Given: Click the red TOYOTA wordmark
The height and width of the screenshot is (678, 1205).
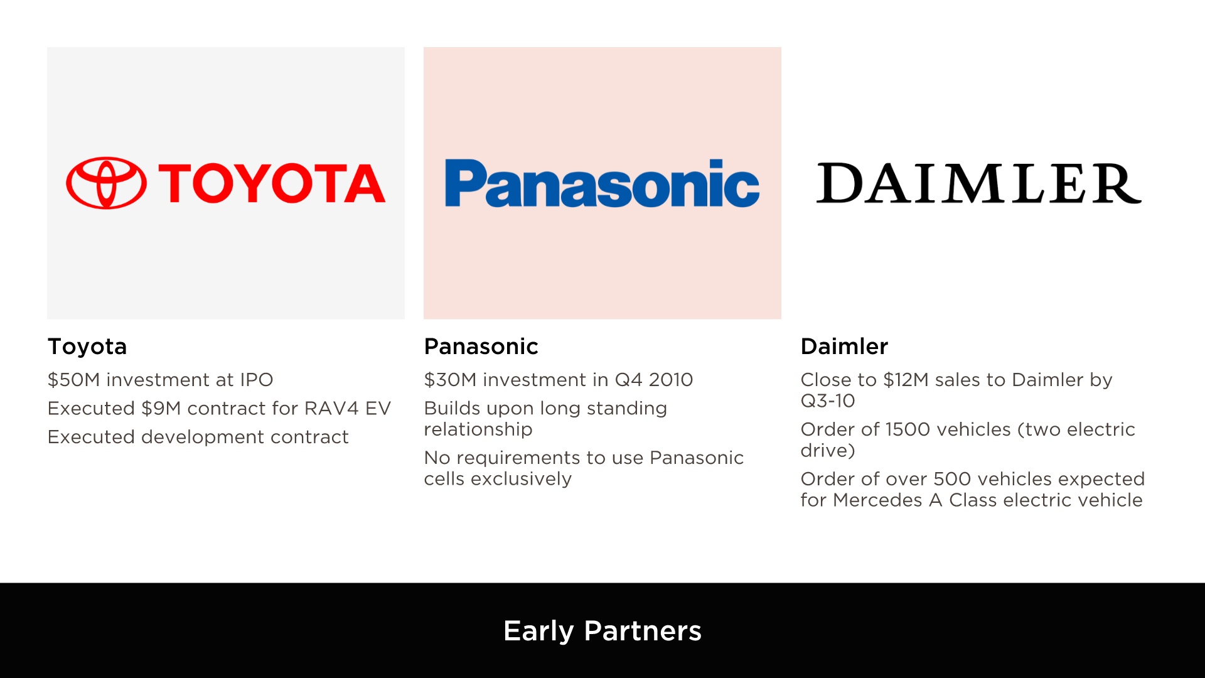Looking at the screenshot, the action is pyautogui.click(x=272, y=183).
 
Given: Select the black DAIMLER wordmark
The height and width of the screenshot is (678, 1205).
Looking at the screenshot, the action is pyautogui.click(x=978, y=183).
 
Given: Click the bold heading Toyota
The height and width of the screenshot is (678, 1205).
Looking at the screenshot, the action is pyautogui.click(x=87, y=347).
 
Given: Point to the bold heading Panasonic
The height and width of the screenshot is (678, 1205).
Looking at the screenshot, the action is pyautogui.click(x=481, y=347).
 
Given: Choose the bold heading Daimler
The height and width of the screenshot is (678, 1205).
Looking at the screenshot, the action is pyautogui.click(x=844, y=347).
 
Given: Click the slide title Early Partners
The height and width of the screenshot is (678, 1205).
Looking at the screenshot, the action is pyautogui.click(x=602, y=631).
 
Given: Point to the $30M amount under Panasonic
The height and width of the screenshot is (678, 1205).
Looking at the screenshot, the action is pyautogui.click(x=451, y=380).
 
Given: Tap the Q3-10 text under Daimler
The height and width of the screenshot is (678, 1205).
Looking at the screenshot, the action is pyautogui.click(x=828, y=401).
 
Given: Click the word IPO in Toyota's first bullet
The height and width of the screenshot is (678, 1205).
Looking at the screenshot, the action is pyautogui.click(x=257, y=380).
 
